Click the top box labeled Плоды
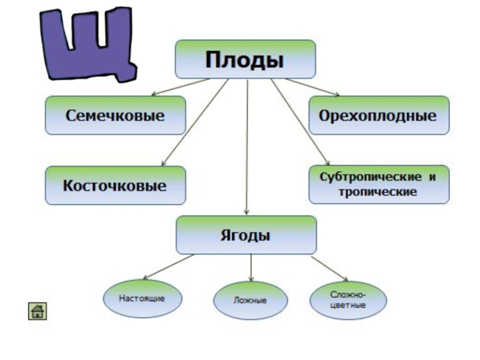pyautogui.click(x=245, y=59)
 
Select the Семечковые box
pyautogui.click(x=115, y=115)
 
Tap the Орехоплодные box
pyautogui.click(x=379, y=115)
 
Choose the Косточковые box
pyautogui.click(x=115, y=185)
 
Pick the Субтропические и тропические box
pyautogui.click(x=379, y=185)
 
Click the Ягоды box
pyautogui.click(x=245, y=235)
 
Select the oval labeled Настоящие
pyautogui.click(x=142, y=298)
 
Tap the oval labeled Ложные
pyautogui.click(x=250, y=301)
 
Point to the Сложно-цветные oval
pyautogui.click(x=348, y=300)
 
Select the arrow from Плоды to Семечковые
pyautogui.click(x=180, y=87)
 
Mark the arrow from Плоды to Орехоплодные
pyautogui.click(x=312, y=87)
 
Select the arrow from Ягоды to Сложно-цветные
pyautogui.click(x=329, y=268)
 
